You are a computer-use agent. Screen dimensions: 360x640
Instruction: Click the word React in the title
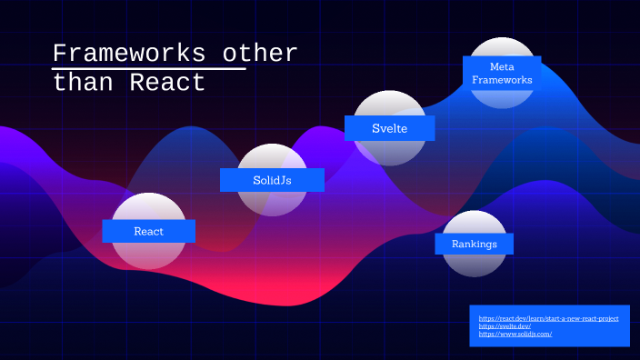pos(168,83)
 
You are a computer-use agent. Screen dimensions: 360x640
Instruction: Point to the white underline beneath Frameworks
pos(149,68)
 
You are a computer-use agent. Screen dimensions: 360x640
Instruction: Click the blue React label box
pos(148,231)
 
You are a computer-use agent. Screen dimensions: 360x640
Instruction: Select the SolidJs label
pos(272,180)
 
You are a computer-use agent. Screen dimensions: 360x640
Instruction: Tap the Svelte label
pos(389,128)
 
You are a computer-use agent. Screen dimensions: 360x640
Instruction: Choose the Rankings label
pos(475,244)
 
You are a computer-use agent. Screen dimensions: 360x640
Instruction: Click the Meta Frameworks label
pos(502,74)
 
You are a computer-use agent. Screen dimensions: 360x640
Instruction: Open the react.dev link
pos(548,318)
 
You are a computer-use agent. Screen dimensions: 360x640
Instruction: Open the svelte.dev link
pos(505,326)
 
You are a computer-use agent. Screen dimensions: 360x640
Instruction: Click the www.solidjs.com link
pos(515,335)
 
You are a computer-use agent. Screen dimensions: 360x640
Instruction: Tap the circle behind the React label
pos(148,255)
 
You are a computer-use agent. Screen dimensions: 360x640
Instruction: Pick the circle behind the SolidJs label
pos(272,204)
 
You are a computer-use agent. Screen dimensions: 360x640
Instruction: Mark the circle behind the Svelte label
pos(389,102)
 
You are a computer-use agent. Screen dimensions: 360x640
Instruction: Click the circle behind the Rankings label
pos(475,265)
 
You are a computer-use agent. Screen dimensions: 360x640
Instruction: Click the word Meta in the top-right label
pos(502,67)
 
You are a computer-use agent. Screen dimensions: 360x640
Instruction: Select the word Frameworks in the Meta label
pos(502,80)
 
